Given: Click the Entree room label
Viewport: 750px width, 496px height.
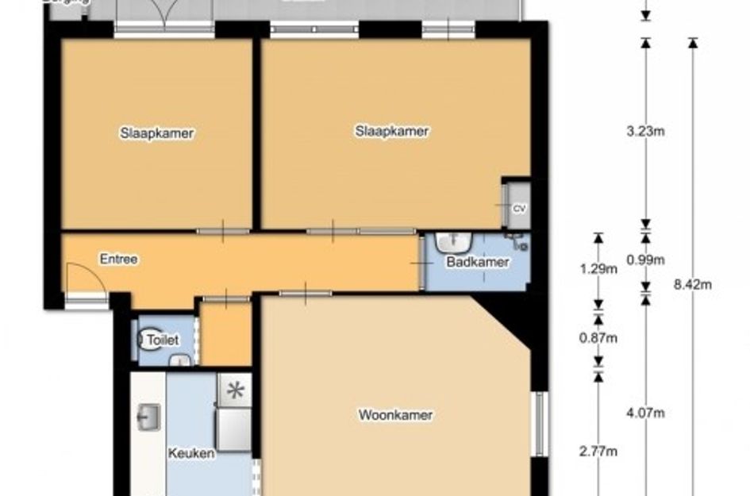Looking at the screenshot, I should pyautogui.click(x=119, y=259).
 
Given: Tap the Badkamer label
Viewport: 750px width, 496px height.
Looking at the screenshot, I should pyautogui.click(x=477, y=262).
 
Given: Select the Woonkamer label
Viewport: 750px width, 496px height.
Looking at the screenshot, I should pyautogui.click(x=395, y=414).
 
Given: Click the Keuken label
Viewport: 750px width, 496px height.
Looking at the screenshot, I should pyautogui.click(x=191, y=454).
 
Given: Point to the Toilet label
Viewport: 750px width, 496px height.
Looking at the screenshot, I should pyautogui.click(x=163, y=340).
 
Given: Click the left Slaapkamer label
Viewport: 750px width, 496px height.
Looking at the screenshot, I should pyautogui.click(x=157, y=133).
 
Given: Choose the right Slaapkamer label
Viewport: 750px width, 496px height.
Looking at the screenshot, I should pyautogui.click(x=391, y=131).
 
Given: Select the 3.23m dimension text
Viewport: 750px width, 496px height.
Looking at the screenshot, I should pyautogui.click(x=645, y=132).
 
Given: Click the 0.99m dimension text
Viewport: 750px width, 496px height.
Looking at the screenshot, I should pyautogui.click(x=645, y=260).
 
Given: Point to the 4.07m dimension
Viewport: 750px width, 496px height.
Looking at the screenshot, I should pyautogui.click(x=645, y=413).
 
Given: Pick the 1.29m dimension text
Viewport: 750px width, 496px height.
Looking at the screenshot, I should pyautogui.click(x=598, y=269).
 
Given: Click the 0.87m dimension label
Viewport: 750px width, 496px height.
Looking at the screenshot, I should pyautogui.click(x=598, y=339).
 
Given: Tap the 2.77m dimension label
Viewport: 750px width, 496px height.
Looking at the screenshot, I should pyautogui.click(x=598, y=452).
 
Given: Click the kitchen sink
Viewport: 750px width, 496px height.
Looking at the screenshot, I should pyautogui.click(x=148, y=417).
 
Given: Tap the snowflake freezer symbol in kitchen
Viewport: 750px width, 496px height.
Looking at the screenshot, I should pyautogui.click(x=235, y=390).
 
